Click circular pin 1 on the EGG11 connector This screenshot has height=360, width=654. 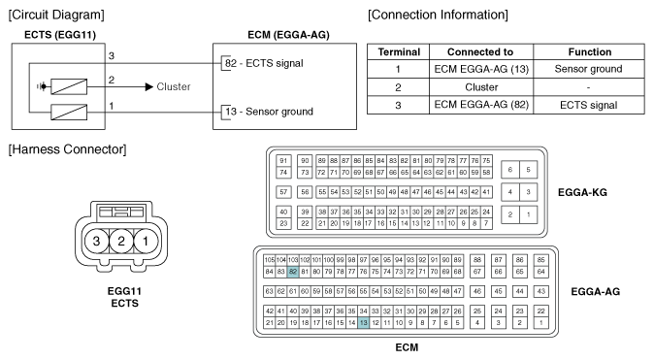141,240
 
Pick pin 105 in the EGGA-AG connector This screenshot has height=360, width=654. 270,260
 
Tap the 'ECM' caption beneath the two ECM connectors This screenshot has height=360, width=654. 401,347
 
